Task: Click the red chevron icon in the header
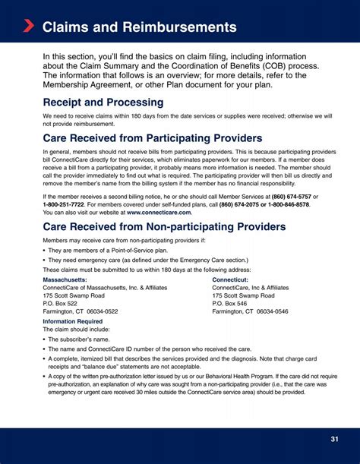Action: tap(28, 27)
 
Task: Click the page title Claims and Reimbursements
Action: tap(139, 27)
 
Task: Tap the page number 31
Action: tap(334, 439)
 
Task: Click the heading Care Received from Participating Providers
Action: tap(153, 138)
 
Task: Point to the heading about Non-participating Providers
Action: tap(164, 227)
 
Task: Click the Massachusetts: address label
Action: tap(65, 279)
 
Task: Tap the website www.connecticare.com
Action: tap(159, 213)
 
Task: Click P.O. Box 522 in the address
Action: tap(60, 304)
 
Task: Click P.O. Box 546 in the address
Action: tap(229, 304)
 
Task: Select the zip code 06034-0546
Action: tap(271, 312)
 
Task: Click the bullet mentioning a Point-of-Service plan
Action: tap(106, 250)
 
